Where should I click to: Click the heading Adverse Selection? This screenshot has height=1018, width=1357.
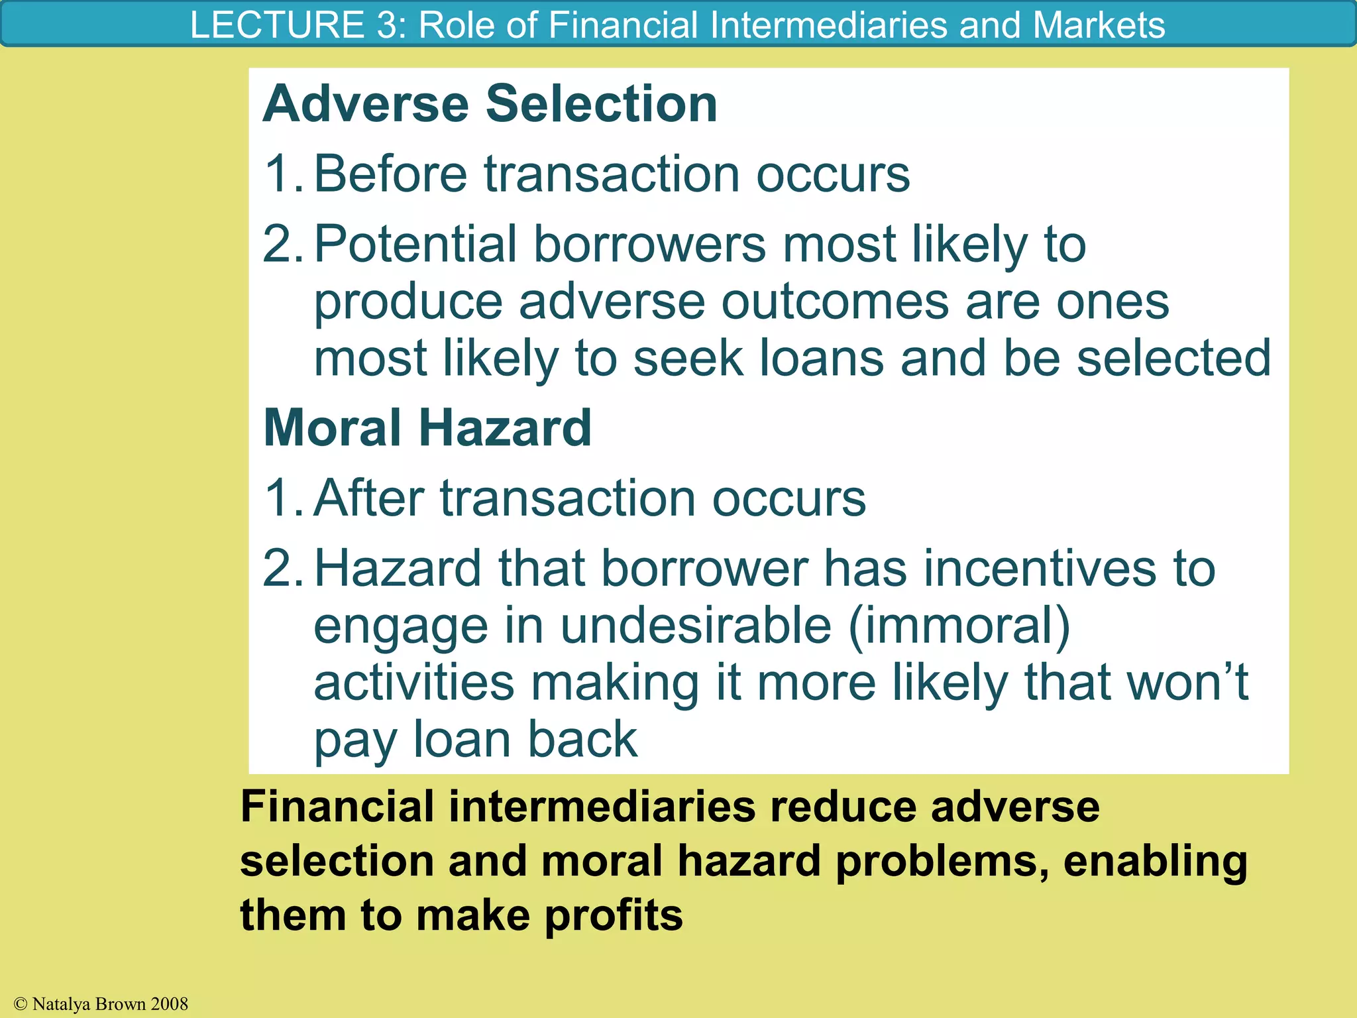pyautogui.click(x=490, y=104)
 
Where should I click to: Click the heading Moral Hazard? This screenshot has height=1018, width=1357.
pyautogui.click(x=427, y=427)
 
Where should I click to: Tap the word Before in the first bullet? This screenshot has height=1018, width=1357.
pyautogui.click(x=390, y=174)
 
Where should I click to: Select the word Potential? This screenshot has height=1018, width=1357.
pyautogui.click(x=415, y=244)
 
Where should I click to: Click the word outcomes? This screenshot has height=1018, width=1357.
pyautogui.click(x=835, y=302)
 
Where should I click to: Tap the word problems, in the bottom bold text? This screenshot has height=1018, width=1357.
pyautogui.click(x=942, y=861)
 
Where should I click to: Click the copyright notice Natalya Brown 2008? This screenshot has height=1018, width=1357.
pyautogui.click(x=101, y=1004)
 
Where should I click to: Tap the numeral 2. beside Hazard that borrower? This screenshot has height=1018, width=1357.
pyautogui.click(x=282, y=569)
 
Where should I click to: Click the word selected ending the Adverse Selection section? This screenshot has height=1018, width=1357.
pyautogui.click(x=1173, y=359)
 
